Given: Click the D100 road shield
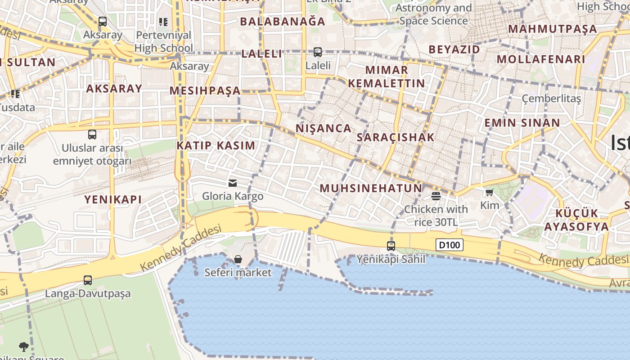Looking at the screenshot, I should tap(450, 245).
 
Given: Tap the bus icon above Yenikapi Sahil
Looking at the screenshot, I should tap(391, 246).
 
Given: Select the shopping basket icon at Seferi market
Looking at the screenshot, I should tap(238, 259).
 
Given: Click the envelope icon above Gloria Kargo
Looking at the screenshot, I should tap(233, 183).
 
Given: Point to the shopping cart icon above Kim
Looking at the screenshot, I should tap(489, 193).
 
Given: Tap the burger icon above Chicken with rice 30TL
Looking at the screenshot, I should tap(436, 196).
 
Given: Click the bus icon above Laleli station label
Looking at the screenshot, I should tap(318, 52).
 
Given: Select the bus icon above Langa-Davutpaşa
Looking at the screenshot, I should tap(88, 280).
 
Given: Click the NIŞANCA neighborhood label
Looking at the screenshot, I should tap(324, 129).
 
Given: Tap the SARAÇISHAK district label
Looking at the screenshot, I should tap(396, 138).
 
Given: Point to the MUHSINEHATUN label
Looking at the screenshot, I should tap(371, 189).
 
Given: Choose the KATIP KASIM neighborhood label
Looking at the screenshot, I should tap(216, 146).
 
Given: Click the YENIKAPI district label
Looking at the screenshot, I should tap(113, 199).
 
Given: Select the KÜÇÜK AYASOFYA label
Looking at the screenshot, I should tap(576, 220).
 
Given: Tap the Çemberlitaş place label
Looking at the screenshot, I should tap(551, 99).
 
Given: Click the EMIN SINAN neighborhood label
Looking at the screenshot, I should tap(522, 123).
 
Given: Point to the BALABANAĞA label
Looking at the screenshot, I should tap(282, 22).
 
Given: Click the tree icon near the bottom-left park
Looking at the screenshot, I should tap(24, 346).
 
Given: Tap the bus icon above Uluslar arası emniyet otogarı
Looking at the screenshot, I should tap(92, 135).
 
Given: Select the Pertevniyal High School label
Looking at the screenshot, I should tap(163, 41).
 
